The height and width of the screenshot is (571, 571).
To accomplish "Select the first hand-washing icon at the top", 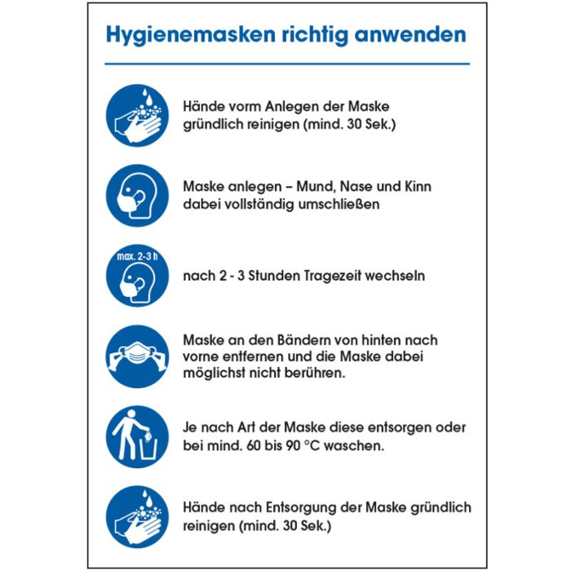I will click(137, 116).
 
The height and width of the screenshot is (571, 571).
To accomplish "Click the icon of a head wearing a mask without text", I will click(137, 196).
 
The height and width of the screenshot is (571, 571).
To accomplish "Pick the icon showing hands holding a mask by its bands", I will click(137, 356).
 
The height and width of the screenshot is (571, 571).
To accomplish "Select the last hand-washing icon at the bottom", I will click(137, 516).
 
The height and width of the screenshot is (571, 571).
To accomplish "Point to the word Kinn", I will click(417, 186).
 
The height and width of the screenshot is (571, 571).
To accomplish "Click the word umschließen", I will click(340, 205).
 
